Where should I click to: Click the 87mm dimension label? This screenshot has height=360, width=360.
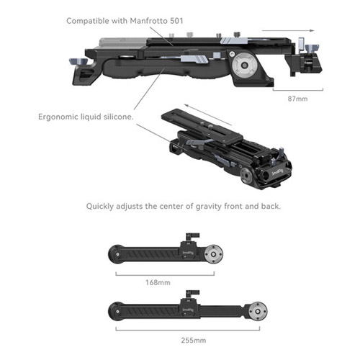(297, 99)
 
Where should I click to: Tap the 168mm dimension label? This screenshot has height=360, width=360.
(158, 282)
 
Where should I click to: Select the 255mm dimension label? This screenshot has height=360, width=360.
(194, 340)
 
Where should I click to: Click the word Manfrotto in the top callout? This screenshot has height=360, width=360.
(148, 21)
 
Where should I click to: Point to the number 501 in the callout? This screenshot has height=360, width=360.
(176, 21)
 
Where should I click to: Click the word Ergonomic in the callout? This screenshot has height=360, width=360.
(58, 117)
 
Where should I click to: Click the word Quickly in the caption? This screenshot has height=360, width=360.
(100, 207)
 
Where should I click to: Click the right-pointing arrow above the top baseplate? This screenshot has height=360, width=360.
(288, 31)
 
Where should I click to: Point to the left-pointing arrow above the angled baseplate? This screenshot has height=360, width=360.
(208, 114)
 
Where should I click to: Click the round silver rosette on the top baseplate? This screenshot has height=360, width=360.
(244, 65)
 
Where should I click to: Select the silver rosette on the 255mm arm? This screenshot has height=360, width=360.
(258, 312)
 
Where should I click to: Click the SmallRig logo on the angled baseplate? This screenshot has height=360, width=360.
(278, 172)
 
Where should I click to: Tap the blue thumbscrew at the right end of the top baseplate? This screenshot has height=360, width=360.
(312, 48)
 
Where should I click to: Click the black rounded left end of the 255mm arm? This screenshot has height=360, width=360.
(116, 311)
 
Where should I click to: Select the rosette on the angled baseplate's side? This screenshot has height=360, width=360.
(246, 174)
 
